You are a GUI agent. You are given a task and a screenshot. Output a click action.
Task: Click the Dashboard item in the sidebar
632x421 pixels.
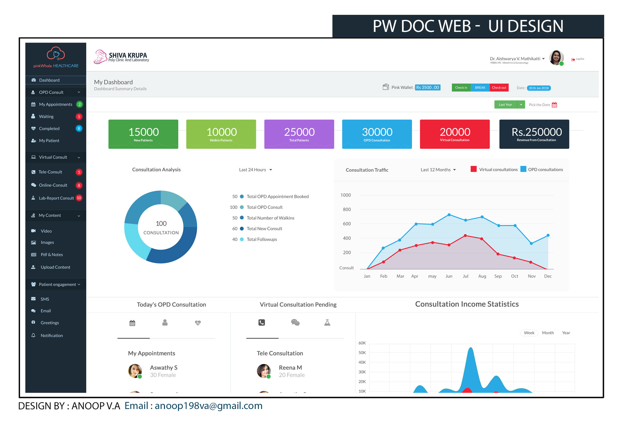(49, 80)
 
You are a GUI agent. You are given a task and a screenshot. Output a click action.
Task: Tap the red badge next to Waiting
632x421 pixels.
(79, 117)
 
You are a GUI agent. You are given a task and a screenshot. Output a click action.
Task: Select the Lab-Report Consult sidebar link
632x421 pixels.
(56, 198)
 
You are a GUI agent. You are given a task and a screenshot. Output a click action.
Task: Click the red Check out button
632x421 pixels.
(499, 87)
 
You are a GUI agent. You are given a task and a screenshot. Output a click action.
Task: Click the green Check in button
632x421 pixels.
(461, 87)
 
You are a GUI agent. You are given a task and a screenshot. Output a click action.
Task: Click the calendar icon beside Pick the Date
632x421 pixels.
(554, 105)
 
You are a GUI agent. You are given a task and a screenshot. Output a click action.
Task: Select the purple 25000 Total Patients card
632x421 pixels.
(299, 134)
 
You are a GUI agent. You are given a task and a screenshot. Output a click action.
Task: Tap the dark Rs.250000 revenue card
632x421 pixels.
(534, 134)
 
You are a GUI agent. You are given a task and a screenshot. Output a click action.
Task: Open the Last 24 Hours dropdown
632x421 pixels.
(255, 170)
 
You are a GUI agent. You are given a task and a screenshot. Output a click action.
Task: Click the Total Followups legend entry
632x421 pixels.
(262, 239)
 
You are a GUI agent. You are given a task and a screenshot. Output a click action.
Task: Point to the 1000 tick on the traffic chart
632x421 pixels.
(345, 195)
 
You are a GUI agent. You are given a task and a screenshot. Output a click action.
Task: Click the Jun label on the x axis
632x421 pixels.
(449, 276)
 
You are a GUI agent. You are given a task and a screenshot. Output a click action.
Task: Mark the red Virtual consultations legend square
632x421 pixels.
(473, 169)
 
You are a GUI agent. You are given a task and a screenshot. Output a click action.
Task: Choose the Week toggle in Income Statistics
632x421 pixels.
(529, 333)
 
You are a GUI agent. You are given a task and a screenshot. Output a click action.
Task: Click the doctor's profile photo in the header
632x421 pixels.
(556, 58)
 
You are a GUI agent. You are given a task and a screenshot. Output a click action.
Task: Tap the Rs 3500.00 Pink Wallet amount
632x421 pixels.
(428, 87)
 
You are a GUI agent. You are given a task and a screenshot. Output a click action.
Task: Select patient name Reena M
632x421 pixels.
(290, 368)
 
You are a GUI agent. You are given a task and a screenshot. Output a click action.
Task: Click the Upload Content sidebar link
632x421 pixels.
(55, 267)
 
